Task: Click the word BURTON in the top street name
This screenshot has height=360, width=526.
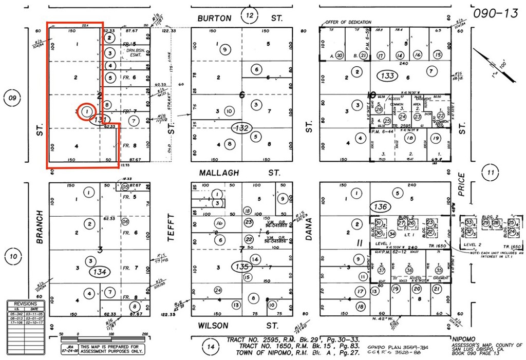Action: pyautogui.click(x=214, y=18)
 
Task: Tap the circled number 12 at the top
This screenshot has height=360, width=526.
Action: pyautogui.click(x=250, y=16)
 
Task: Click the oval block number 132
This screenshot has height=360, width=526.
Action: pyautogui.click(x=240, y=128)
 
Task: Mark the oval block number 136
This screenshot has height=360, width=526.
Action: pyautogui.click(x=381, y=206)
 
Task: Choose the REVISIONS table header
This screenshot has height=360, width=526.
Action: pyautogui.click(x=26, y=304)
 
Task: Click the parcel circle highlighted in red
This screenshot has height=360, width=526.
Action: pyautogui.click(x=87, y=111)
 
